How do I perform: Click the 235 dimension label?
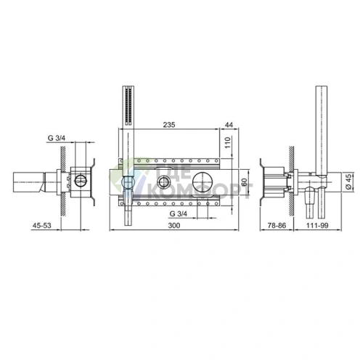[169, 125]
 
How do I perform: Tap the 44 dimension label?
[229, 125]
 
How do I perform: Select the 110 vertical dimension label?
[228, 143]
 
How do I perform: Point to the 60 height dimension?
[244, 182]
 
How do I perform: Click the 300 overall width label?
[174, 226]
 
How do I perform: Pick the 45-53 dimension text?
[42, 226]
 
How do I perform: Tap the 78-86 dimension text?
[277, 226]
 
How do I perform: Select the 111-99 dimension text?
[317, 226]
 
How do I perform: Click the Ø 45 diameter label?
[348, 182]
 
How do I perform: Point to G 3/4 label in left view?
[57, 138]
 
